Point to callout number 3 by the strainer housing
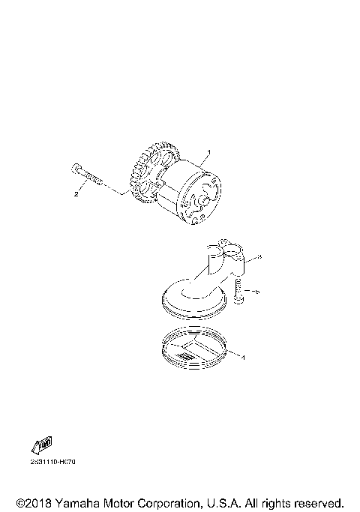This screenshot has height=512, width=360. click(258, 256)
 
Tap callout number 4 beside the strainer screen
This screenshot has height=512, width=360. click(241, 356)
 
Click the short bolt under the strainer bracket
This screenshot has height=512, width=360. click(237, 291)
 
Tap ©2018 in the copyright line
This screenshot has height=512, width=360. click(31, 502)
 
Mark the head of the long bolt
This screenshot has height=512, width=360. click(76, 169)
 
